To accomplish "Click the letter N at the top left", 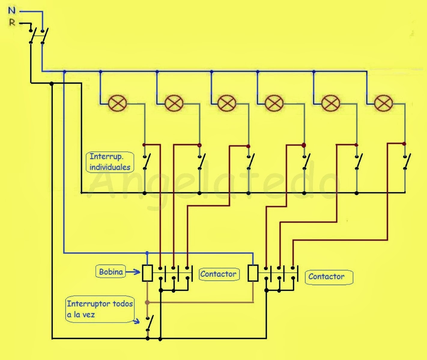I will [11, 11].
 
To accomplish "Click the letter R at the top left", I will [12, 22].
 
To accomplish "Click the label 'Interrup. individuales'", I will [110, 162].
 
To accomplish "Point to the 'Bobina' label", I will [111, 272].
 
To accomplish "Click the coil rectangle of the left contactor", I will [147, 273].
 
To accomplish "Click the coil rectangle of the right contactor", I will [253, 273].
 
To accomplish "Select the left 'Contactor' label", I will [218, 274].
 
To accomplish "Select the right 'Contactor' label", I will [326, 277].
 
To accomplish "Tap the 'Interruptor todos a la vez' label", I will [99, 309].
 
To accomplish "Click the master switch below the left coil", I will [149, 323].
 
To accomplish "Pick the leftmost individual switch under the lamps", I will [146, 162].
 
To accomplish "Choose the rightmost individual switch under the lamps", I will [406, 162].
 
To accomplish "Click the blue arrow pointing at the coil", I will [133, 272].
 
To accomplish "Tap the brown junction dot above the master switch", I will [147, 302].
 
